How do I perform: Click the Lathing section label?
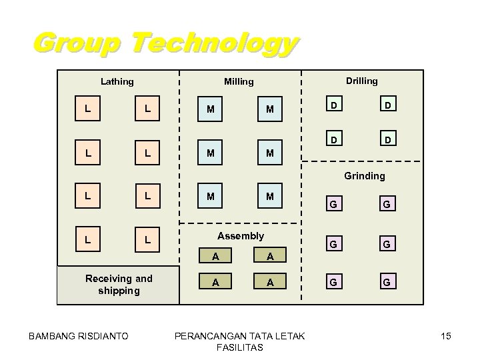[117, 82]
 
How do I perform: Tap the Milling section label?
[238, 82]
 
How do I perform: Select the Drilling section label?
[361, 81]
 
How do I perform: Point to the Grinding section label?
[364, 176]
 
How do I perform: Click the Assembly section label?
[241, 235]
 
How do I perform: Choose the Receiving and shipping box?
[118, 285]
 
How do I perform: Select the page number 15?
[445, 336]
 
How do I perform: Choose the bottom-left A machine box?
[214, 281]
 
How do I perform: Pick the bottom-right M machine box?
[269, 197]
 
